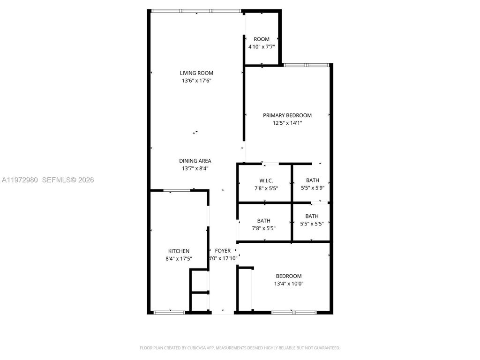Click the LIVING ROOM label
(196, 73)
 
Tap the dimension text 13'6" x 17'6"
(196, 81)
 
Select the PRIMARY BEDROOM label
(287, 115)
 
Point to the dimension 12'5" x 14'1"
(287, 123)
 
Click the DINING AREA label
(195, 161)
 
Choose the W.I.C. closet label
(266, 180)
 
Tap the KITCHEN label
(179, 251)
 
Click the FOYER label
(223, 251)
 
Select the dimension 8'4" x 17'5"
(179, 258)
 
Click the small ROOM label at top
(262, 39)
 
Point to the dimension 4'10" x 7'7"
(262, 47)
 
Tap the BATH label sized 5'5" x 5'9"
(312, 180)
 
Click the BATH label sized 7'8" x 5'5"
(263, 221)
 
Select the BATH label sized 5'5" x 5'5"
(312, 216)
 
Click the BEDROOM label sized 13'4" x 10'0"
(288, 276)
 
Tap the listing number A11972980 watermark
(20, 180)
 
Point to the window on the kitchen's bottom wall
(170, 312)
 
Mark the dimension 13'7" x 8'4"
(195, 169)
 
